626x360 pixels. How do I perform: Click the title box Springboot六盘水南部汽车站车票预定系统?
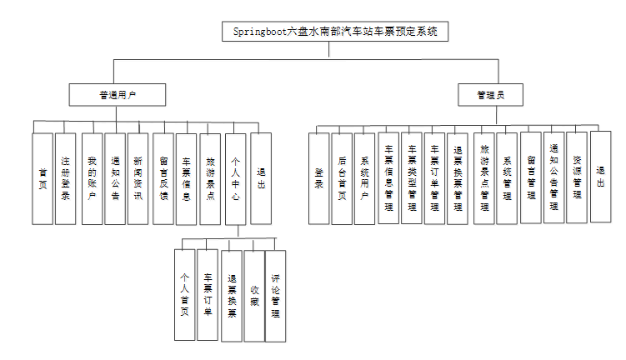pos(335,32)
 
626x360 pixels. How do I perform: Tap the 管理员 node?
pos(490,95)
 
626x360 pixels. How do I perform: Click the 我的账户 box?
pos(93,177)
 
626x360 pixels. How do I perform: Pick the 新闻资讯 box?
pos(138,177)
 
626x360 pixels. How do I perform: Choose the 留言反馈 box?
pos(163,177)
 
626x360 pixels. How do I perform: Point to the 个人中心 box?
pos(236,177)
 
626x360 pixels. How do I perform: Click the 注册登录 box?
pos(65,177)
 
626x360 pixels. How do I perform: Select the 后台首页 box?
pos(342,177)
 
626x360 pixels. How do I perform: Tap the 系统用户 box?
pos(364,177)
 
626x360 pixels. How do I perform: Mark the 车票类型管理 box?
pos(411,177)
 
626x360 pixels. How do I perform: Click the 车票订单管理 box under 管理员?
pos(434,177)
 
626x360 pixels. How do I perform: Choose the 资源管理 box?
pos(577,177)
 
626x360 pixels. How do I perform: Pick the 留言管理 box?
pos(531,177)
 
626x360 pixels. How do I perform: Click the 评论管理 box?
pos(276,295)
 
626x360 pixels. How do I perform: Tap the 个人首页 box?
pos(184,295)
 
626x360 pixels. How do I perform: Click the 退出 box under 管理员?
pos(601,175)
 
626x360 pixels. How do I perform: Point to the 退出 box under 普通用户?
pos(261,177)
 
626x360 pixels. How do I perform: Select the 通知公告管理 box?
pos(554,177)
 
